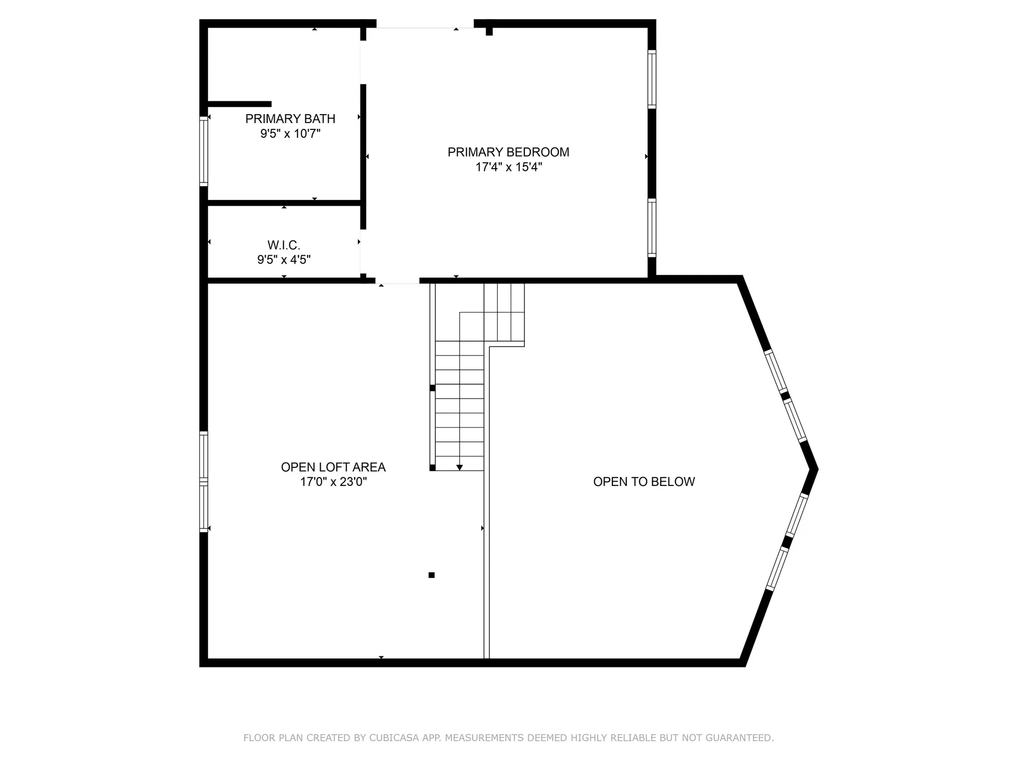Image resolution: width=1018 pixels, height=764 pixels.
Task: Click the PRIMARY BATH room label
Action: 290,119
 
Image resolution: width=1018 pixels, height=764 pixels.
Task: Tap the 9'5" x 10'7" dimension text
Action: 290,134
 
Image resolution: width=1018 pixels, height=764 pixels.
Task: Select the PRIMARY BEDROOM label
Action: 508,152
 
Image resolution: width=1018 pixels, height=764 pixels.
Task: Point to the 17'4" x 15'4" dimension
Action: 508,167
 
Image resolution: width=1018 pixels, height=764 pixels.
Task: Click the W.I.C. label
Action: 284,245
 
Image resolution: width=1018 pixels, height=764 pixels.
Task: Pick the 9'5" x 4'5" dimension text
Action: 284,260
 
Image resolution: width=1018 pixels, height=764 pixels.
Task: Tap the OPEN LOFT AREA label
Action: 333,467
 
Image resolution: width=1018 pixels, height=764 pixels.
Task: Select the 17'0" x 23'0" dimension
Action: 333,482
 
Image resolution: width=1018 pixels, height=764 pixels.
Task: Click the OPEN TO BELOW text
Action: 644,482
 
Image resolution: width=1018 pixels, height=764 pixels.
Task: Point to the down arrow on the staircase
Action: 460,467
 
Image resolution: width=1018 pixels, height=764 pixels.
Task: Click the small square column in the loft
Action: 432,575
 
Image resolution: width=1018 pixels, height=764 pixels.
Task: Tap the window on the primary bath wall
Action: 204,151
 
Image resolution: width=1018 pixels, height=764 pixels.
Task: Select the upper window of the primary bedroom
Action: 652,79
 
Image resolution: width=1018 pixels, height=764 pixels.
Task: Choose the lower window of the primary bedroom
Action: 652,228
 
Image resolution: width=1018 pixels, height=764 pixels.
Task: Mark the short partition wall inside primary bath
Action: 240,104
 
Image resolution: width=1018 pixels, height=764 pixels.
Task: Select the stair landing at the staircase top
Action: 504,313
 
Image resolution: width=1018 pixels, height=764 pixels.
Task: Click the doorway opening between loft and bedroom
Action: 398,281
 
